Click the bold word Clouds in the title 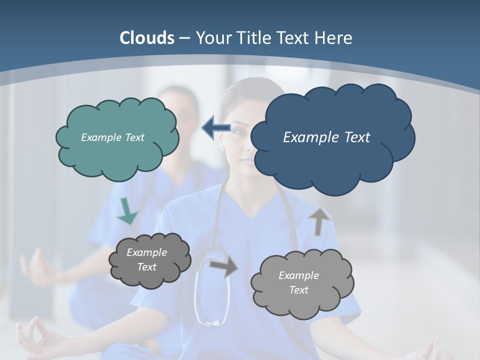[x=147, y=38]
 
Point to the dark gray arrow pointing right [x=224, y=267]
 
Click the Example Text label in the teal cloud [x=112, y=137]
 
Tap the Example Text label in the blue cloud [x=326, y=137]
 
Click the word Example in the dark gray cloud [x=146, y=252]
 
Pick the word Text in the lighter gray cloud [x=298, y=290]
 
